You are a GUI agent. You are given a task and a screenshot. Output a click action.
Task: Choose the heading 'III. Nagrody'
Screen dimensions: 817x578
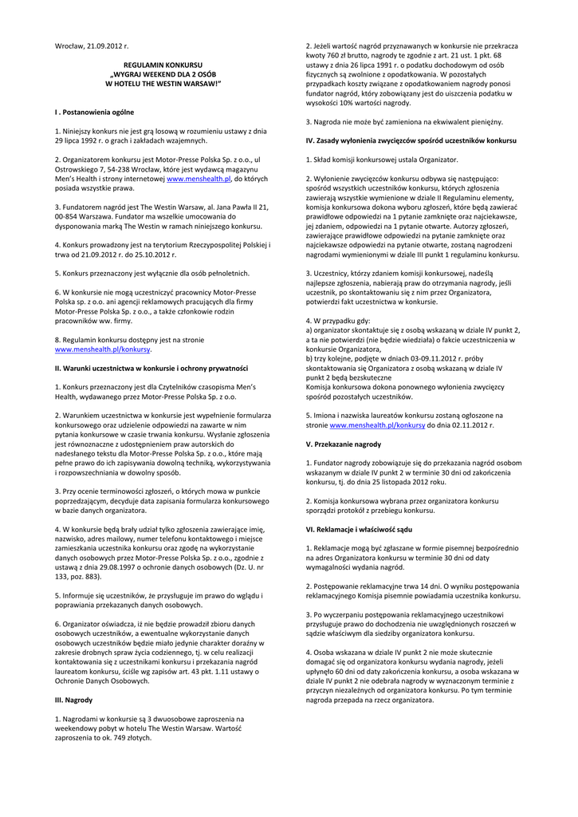click(73, 700)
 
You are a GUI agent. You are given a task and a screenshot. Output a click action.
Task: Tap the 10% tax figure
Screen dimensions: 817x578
click(364, 104)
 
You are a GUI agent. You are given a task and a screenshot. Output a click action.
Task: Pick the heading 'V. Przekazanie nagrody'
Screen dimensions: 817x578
click(344, 444)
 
